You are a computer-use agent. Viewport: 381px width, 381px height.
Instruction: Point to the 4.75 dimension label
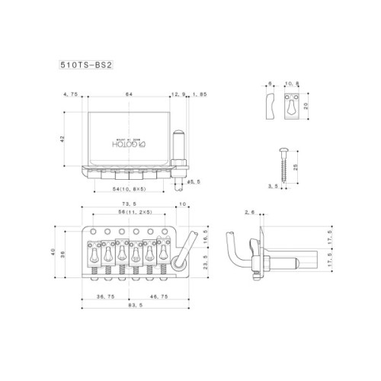[x=70, y=94]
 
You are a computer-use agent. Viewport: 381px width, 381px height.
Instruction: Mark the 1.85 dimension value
[x=200, y=94]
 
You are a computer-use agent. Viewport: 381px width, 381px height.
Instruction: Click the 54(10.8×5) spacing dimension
[x=124, y=187]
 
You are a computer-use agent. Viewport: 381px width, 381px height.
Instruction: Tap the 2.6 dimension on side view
[x=248, y=213]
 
